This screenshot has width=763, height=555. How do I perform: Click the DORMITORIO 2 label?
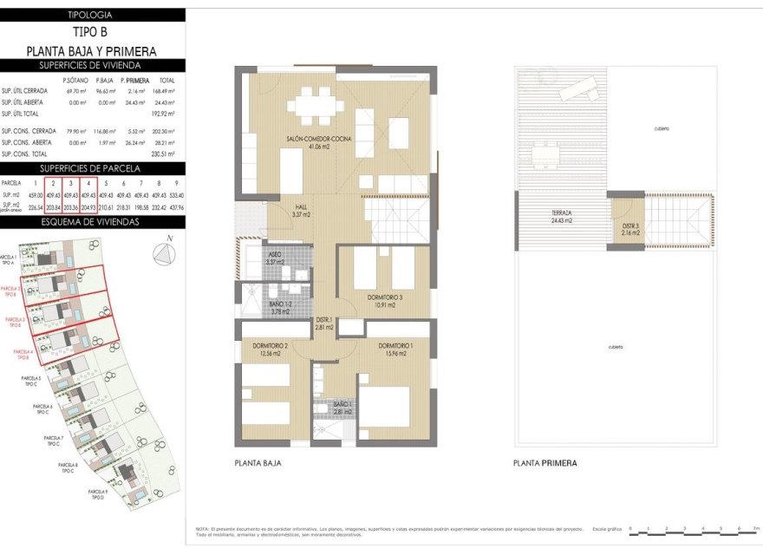tap(270, 349)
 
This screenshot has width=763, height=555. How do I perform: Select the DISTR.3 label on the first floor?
tap(629, 230)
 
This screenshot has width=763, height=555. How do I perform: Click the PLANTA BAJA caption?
tap(258, 463)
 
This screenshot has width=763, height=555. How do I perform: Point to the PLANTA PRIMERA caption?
tap(545, 463)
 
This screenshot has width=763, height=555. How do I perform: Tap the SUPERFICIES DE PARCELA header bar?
tap(92, 168)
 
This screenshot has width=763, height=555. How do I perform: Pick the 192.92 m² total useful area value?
tap(164, 114)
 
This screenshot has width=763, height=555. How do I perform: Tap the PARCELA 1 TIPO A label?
tap(10, 260)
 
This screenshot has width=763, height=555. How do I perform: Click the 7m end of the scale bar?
tap(755, 527)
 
